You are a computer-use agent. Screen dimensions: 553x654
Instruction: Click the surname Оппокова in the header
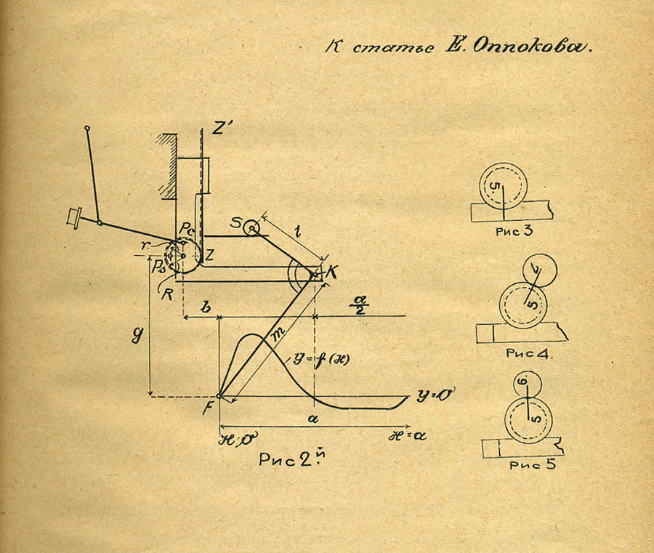point(533,48)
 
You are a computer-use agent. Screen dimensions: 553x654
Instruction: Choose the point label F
point(208,405)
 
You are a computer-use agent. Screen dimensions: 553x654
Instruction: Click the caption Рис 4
point(527,354)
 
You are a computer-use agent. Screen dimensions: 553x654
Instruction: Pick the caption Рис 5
point(533,466)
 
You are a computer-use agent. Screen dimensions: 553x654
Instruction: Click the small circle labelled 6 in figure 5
point(528,383)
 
